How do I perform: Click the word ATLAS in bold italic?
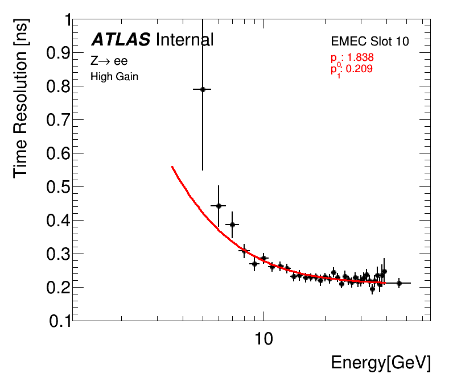point(121,40)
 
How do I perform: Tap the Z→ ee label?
point(109,61)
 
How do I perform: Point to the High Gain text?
point(114,77)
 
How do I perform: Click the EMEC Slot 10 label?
point(370,41)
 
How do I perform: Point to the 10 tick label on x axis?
point(264,339)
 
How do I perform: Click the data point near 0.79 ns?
point(202,89)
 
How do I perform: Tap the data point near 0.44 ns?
point(218,206)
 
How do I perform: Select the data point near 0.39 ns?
point(232,225)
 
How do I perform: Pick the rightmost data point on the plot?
point(399,283)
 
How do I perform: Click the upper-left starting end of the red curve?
point(172,167)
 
